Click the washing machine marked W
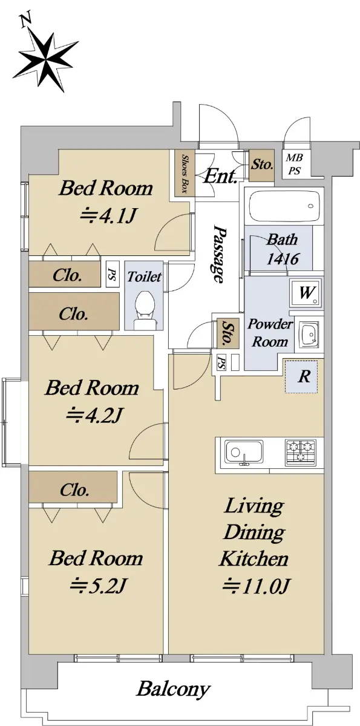click(306, 293)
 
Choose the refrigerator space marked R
click(301, 376)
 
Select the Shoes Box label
click(185, 173)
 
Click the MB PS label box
click(295, 164)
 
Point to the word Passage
click(220, 255)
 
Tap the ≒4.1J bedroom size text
click(107, 216)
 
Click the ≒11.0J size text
click(255, 586)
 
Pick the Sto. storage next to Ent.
click(262, 165)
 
